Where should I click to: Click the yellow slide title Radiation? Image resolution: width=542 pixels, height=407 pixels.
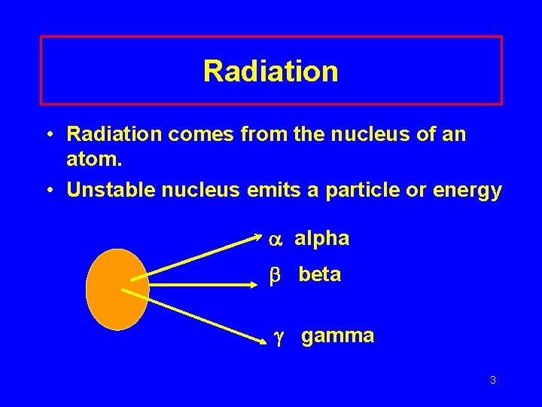[271, 72]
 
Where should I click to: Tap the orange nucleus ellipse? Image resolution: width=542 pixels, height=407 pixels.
[117, 289]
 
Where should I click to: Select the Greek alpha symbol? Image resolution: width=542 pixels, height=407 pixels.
[275, 240]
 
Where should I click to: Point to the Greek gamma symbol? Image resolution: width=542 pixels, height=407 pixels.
[278, 337]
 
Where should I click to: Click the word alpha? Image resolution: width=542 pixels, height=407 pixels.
[321, 239]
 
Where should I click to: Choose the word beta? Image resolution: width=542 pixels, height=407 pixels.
[319, 275]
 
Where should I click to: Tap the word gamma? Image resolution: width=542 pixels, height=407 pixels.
[337, 336]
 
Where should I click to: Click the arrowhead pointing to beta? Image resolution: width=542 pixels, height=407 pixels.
[255, 285]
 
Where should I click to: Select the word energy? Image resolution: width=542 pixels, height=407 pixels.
[468, 191]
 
